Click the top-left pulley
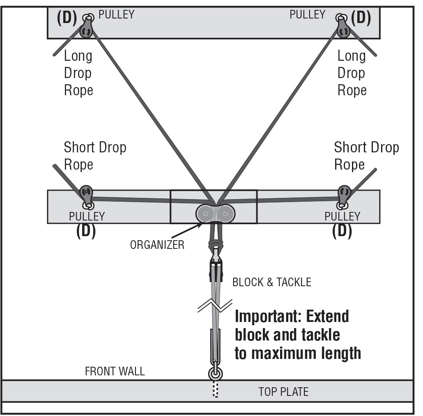click(87, 27)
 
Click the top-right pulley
click(343, 27)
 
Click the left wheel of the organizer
click(205, 214)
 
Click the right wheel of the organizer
click(225, 214)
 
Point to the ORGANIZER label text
click(157, 245)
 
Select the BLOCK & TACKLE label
click(271, 282)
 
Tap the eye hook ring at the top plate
click(216, 374)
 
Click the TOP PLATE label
click(283, 392)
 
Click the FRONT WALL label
click(115, 372)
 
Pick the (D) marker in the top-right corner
click(361, 18)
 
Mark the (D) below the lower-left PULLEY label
click(86, 232)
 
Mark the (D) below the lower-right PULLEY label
click(342, 232)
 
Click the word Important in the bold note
click(263, 317)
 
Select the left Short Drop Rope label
click(95, 156)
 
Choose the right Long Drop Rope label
click(352, 73)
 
